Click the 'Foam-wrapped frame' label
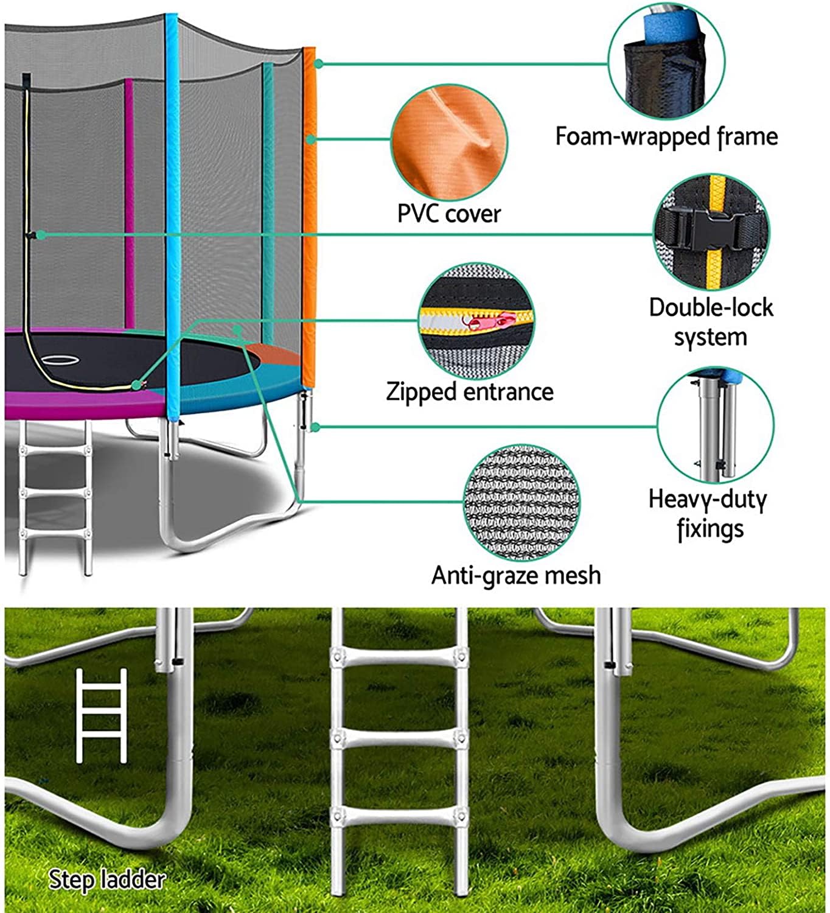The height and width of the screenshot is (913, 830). [666, 136]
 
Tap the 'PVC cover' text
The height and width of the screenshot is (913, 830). [448, 214]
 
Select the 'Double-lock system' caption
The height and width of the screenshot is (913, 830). [710, 322]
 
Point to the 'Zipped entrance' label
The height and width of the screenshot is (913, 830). [470, 391]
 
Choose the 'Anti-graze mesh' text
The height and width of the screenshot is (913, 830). [516, 575]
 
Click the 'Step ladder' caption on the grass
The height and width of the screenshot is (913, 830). [106, 880]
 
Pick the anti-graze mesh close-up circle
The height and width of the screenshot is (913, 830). [521, 502]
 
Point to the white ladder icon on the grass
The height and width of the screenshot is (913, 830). [102, 715]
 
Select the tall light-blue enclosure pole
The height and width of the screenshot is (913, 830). [173, 213]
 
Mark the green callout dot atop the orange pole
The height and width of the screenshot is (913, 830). [318, 63]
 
